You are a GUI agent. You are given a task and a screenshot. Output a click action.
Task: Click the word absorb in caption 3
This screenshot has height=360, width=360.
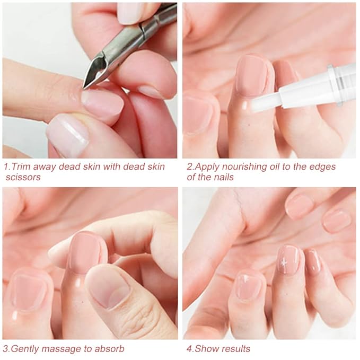tap(109, 348)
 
